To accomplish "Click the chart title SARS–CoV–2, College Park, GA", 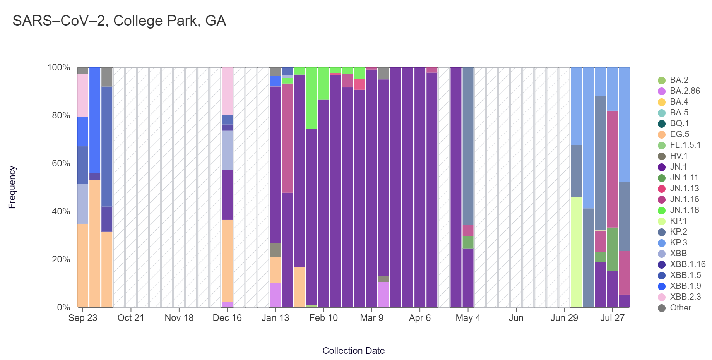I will [x=119, y=21].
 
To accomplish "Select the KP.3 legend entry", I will [x=678, y=243].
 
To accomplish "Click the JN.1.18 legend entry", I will [x=684, y=210].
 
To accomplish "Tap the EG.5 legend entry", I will [x=679, y=134].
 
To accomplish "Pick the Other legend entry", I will [x=680, y=308].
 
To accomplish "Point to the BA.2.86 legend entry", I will [x=685, y=91].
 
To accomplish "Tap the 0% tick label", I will [x=63, y=307].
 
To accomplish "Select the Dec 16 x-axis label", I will [x=227, y=318].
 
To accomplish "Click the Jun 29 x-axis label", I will [x=564, y=318].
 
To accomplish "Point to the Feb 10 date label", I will [x=323, y=318].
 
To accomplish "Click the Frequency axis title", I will [x=12, y=187].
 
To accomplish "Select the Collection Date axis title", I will [x=353, y=351].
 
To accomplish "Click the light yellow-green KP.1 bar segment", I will [x=576, y=252].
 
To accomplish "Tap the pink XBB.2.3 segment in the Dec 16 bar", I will [x=227, y=91].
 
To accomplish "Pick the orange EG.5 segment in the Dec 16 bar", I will [x=227, y=261].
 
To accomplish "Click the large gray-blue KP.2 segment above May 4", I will [x=468, y=146].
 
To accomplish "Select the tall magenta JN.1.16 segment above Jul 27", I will [x=612, y=169].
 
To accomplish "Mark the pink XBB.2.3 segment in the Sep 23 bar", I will [x=83, y=95].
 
